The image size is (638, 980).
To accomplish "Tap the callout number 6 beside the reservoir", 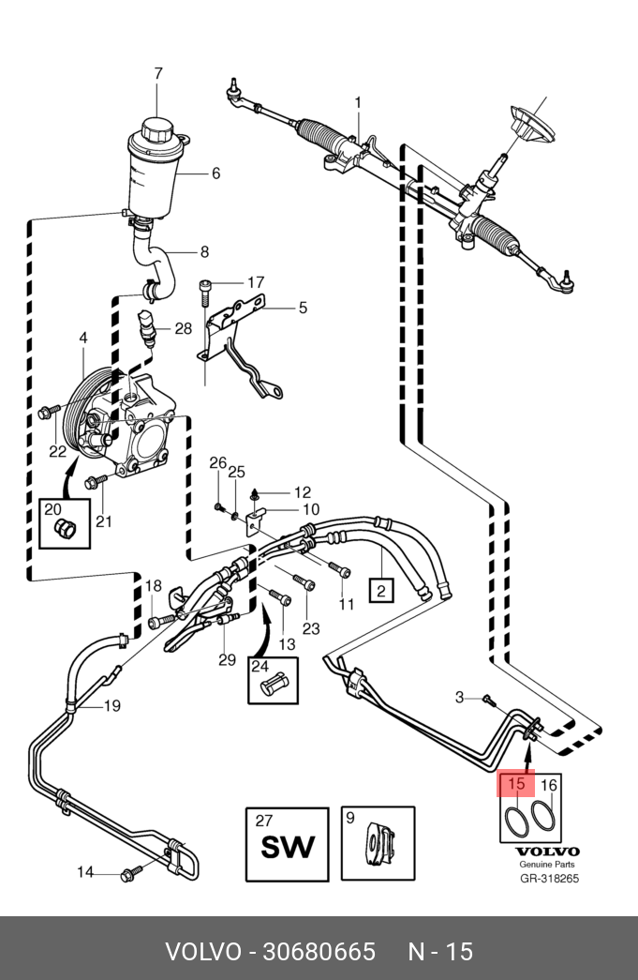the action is pyautogui.click(x=216, y=173).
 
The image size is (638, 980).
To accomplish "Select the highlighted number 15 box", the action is pyautogui.click(x=516, y=784).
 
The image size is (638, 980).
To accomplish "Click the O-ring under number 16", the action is pyautogui.click(x=542, y=817).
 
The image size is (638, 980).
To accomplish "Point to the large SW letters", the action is pyautogui.click(x=288, y=848).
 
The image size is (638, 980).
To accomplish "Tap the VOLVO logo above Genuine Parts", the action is pyautogui.click(x=547, y=852).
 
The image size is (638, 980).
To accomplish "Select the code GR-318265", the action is pyautogui.click(x=550, y=878).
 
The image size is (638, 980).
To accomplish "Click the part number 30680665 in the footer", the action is pyautogui.click(x=319, y=952).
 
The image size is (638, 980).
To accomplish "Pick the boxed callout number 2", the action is pyautogui.click(x=381, y=589).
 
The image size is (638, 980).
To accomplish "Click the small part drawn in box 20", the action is pyautogui.click(x=65, y=529).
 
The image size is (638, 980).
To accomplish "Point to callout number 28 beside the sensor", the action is pyautogui.click(x=183, y=328).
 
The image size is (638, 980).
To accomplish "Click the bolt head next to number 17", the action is pyautogui.click(x=205, y=286).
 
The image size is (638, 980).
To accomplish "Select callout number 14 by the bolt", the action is pyautogui.click(x=85, y=872).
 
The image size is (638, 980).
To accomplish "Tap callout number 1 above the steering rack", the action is pyautogui.click(x=358, y=101).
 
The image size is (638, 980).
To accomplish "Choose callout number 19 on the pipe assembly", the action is pyautogui.click(x=111, y=705).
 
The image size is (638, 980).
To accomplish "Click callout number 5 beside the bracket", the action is pyautogui.click(x=303, y=308).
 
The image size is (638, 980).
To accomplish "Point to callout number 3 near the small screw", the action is pyautogui.click(x=459, y=696).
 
